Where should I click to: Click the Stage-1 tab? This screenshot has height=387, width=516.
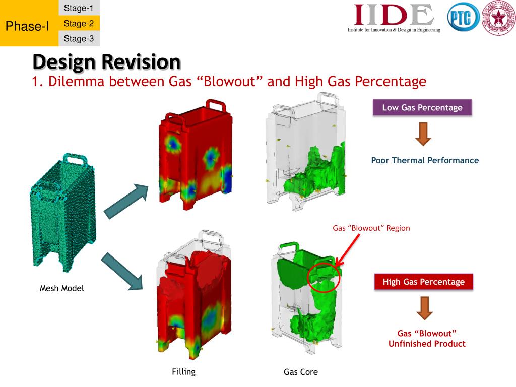(79, 8)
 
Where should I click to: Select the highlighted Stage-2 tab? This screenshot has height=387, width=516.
(79, 23)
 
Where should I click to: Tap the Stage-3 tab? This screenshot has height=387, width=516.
(79, 38)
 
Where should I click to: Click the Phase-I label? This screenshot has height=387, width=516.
(27, 26)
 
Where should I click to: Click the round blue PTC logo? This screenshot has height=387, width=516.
(462, 19)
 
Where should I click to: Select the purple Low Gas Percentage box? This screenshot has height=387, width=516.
(422, 108)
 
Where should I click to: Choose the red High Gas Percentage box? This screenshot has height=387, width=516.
(423, 282)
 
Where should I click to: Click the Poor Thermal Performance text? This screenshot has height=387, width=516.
(425, 160)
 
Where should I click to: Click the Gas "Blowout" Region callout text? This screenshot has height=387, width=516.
(371, 228)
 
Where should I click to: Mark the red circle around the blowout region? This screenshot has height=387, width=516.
(323, 276)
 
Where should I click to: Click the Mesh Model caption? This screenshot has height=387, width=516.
(62, 289)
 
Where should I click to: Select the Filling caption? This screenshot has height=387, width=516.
(183, 372)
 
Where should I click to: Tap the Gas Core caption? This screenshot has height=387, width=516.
(301, 372)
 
